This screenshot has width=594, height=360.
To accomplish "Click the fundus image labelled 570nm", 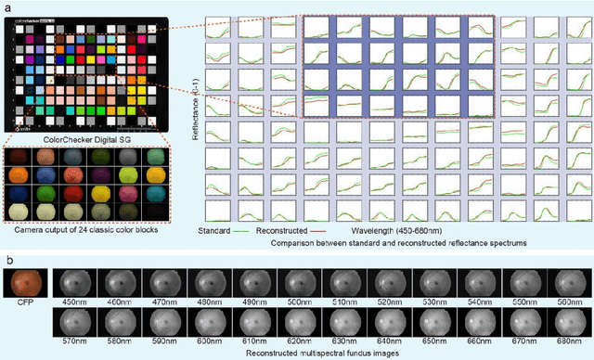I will click(75, 323).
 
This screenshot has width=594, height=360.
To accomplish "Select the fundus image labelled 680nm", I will click(569, 323).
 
